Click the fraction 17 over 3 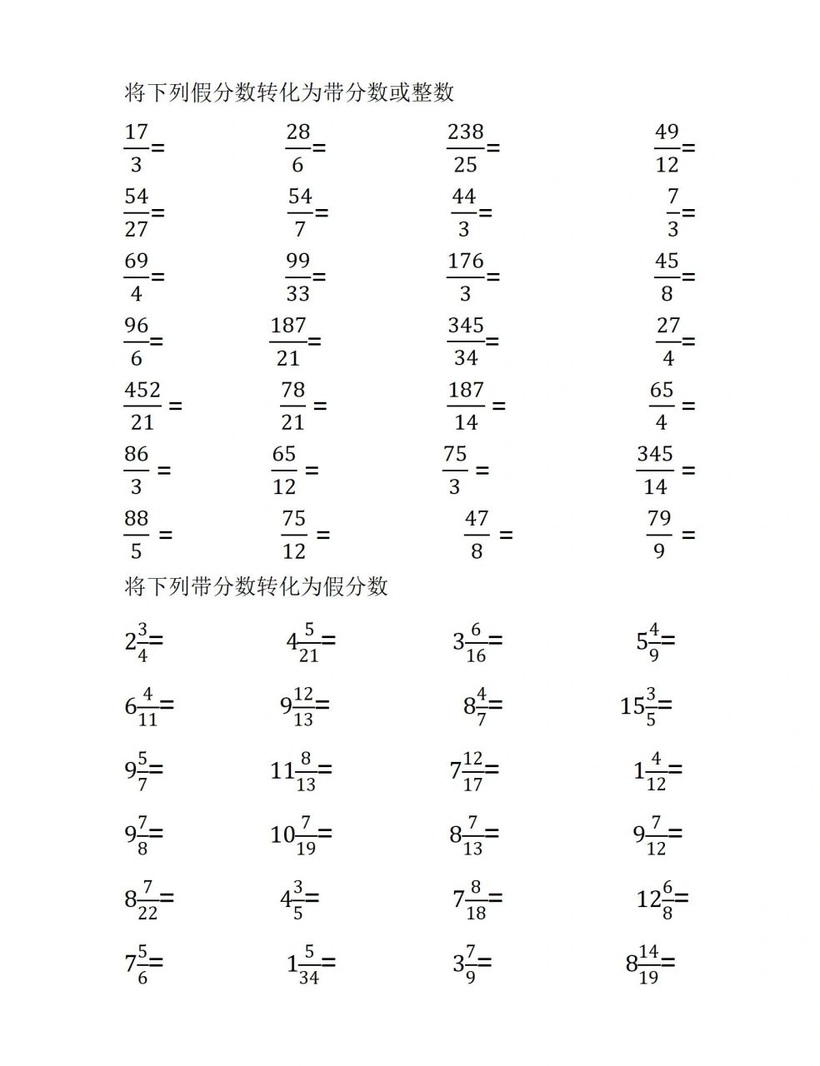[136, 147]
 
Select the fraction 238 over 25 [465, 147]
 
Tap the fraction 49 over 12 [667, 147]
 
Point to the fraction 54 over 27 [136, 212]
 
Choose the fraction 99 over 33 [297, 276]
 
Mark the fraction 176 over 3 [465, 276]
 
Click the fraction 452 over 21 [142, 406]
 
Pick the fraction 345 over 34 [465, 341]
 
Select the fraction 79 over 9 [659, 535]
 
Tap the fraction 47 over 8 [477, 535]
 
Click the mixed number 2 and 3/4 [137, 641]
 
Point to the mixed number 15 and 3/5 [640, 706]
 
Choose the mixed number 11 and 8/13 [294, 770]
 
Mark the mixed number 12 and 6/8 [656, 899]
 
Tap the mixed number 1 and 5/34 [303, 964]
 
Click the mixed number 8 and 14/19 [642, 964]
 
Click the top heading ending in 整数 [289, 92]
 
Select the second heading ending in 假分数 [256, 586]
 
